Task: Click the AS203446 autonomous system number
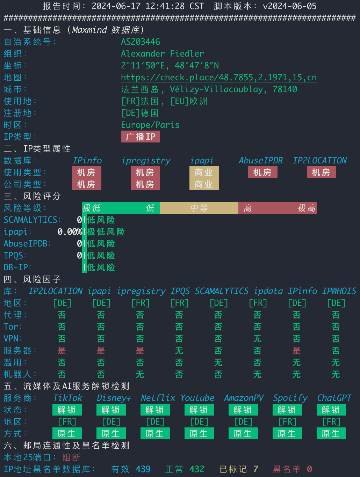click(141, 42)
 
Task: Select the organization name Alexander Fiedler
click(163, 54)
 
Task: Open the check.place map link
click(218, 78)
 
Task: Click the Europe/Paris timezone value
click(150, 125)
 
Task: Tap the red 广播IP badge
click(141, 137)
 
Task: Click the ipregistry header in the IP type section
click(146, 161)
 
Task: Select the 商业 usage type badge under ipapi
click(204, 173)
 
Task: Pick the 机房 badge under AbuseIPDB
click(263, 173)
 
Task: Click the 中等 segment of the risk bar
click(199, 208)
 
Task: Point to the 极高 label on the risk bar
click(307, 208)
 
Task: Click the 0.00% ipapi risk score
click(70, 232)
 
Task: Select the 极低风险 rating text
click(106, 232)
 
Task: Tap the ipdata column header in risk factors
click(268, 291)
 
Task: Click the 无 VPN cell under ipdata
click(258, 339)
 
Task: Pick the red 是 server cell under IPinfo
click(297, 351)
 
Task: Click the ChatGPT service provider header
click(334, 398)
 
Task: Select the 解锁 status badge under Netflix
click(155, 410)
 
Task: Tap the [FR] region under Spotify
click(287, 422)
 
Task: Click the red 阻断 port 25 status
click(72, 457)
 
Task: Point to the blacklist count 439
click(143, 469)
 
